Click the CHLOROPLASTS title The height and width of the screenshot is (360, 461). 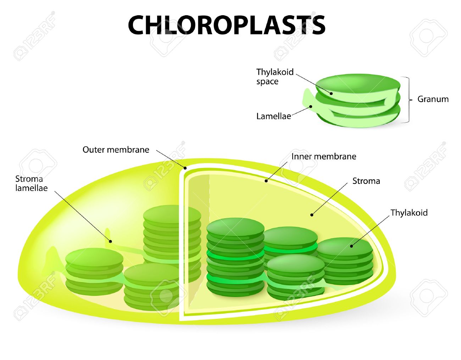[x=227, y=25]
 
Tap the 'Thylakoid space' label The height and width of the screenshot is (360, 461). [x=275, y=77]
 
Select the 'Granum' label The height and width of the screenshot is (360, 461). [x=433, y=99]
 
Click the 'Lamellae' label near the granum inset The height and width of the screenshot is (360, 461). [x=274, y=116]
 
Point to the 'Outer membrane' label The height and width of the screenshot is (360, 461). [x=116, y=150]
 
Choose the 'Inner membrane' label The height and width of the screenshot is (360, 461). [x=324, y=156]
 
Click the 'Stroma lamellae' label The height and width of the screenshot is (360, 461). [x=32, y=184]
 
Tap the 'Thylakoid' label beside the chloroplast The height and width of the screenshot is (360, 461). [x=409, y=213]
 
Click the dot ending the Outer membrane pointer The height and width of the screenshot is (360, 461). [x=185, y=168]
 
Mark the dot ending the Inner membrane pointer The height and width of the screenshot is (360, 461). [x=266, y=181]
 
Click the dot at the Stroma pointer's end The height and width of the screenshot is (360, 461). [x=312, y=215]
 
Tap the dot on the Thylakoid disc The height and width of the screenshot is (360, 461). [x=351, y=246]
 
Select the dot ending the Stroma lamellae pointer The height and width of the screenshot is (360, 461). [x=110, y=241]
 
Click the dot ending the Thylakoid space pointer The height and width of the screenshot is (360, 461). [x=331, y=93]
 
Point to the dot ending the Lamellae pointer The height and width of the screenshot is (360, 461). [x=311, y=106]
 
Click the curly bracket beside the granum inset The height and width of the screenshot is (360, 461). [x=409, y=100]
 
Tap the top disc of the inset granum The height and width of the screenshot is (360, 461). [x=358, y=85]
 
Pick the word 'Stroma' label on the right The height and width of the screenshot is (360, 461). [x=366, y=181]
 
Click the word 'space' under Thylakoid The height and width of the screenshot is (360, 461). [x=267, y=82]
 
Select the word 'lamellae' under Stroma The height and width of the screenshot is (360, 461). [x=32, y=188]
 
